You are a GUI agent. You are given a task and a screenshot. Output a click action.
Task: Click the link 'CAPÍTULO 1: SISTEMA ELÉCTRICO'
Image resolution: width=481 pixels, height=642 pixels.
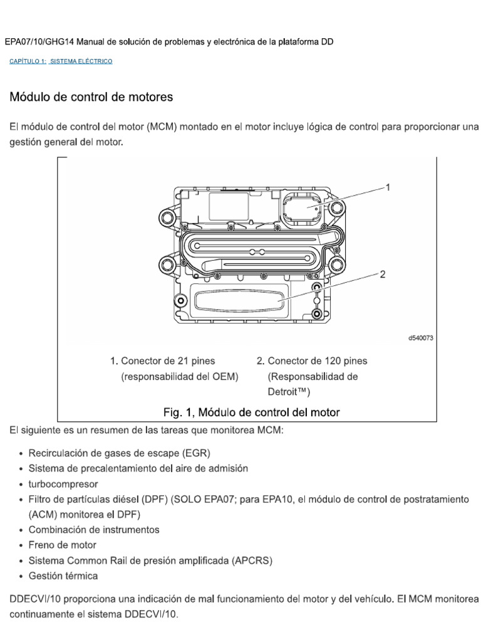point(61,61)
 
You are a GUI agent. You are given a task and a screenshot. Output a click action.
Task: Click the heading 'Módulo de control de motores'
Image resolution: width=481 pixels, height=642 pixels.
point(91,97)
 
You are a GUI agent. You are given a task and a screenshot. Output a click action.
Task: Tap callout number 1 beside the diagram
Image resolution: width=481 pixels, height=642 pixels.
point(388,186)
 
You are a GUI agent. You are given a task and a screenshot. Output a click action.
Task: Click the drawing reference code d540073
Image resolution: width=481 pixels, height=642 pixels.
point(421,337)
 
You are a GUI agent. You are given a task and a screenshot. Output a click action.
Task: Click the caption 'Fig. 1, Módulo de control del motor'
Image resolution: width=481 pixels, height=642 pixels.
point(251,412)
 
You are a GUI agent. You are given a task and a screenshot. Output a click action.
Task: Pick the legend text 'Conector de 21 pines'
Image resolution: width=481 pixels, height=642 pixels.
point(168,360)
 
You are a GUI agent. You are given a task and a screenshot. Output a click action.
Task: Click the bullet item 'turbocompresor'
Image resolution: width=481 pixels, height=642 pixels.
point(63,484)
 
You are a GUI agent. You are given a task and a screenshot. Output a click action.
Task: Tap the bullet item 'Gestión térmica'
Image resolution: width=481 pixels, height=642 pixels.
point(63,575)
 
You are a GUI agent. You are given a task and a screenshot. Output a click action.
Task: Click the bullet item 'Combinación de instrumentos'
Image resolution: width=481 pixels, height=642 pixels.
point(94,529)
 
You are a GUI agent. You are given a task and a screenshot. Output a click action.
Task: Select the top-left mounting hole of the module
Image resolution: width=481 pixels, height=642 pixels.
point(167,218)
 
